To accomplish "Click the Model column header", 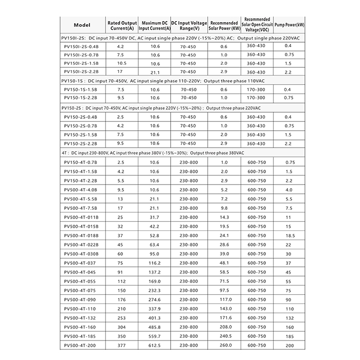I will (82, 25).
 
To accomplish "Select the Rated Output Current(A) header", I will (122, 25).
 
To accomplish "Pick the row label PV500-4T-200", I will (81, 346).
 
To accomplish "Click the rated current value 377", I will (120, 346).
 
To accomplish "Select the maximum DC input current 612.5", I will (155, 346).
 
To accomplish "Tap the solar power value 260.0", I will (224, 346).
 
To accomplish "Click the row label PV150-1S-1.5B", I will (81, 89).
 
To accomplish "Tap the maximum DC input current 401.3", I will (155, 318).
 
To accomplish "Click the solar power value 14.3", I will (224, 217).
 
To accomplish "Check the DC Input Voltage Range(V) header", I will (189, 25).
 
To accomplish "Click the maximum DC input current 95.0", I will (155, 254).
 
